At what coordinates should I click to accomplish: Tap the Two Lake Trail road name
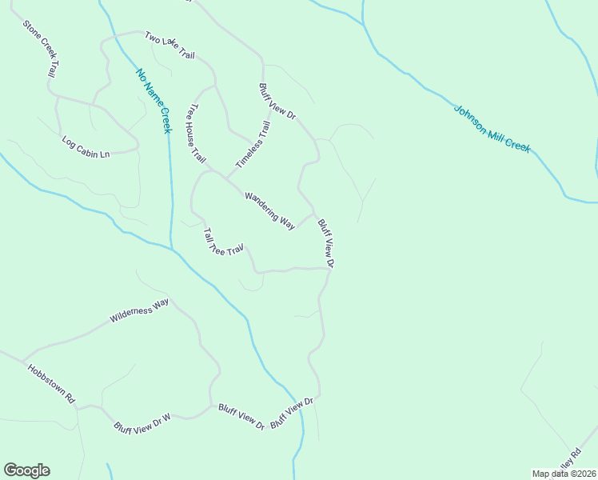click(169, 45)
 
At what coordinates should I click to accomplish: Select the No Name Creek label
click(153, 101)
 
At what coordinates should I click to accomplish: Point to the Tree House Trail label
click(196, 134)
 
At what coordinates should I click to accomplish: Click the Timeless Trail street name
click(253, 145)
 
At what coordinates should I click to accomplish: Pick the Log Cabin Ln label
click(86, 146)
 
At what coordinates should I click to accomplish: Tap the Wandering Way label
click(270, 210)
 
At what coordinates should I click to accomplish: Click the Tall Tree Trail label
click(222, 242)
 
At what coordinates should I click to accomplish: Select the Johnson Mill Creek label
click(492, 128)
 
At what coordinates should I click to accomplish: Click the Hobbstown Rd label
click(50, 383)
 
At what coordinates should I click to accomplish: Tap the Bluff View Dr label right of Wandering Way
click(325, 242)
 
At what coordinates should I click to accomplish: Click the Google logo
click(26, 470)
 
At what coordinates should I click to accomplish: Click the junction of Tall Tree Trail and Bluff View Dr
click(329, 269)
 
